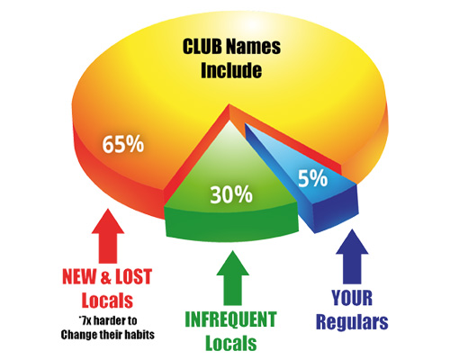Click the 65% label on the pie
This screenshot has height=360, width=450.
(123, 144)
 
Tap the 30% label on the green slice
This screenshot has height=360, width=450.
(231, 194)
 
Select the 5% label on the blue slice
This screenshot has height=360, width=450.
(312, 178)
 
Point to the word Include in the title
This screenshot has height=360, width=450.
(231, 70)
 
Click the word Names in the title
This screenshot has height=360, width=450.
(254, 47)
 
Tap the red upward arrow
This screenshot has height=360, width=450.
(108, 236)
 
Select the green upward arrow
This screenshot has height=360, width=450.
(232, 278)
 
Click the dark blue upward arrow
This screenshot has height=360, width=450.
(352, 256)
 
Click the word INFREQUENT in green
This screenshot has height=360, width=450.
(230, 319)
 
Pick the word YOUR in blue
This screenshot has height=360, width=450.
(352, 298)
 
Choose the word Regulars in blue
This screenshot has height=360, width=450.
(352, 322)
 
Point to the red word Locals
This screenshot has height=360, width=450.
(107, 301)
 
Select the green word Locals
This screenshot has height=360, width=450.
(231, 343)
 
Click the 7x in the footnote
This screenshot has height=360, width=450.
(85, 321)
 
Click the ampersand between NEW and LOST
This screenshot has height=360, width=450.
(106, 277)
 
